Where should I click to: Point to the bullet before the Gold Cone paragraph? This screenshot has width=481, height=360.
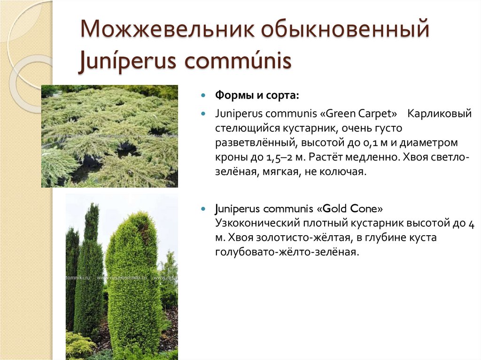point(203,208)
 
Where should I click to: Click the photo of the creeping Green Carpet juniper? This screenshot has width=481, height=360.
point(109,136)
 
